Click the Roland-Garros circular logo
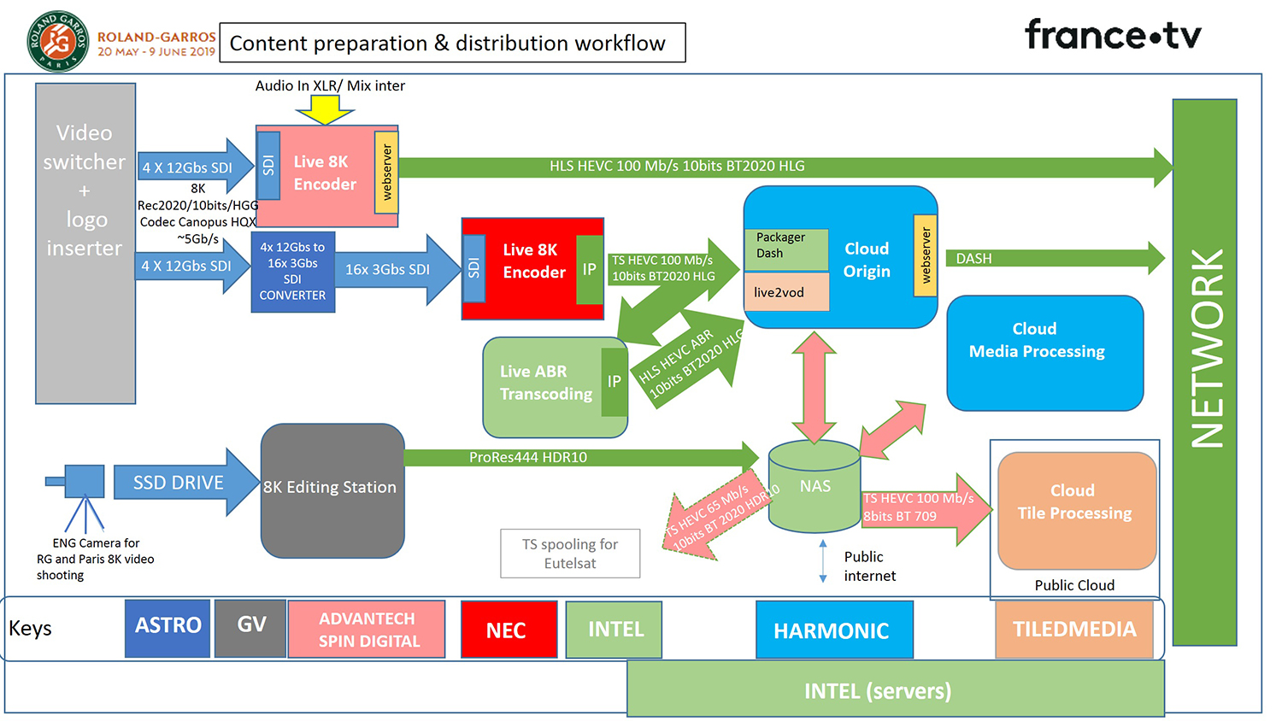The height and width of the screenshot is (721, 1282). [58, 42]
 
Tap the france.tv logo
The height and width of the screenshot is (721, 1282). [1113, 35]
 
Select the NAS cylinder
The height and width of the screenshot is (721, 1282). [814, 486]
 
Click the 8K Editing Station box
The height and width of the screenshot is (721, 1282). [332, 489]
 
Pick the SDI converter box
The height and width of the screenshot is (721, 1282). [292, 271]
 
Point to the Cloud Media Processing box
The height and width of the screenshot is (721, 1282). [1044, 353]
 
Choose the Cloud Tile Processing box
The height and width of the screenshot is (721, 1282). [1076, 509]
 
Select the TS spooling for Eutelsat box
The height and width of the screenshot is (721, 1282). [570, 554]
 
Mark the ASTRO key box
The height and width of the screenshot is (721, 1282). [168, 628]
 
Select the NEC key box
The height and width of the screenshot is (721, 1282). [509, 630]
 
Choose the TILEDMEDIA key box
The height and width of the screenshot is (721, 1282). [1073, 630]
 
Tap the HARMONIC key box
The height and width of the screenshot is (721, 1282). [833, 630]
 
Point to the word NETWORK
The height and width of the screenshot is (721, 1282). [1206, 349]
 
